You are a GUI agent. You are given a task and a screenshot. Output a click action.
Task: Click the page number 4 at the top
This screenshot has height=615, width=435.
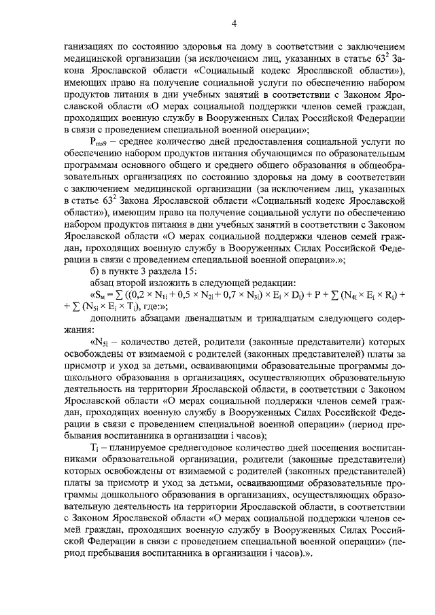(233, 25)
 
